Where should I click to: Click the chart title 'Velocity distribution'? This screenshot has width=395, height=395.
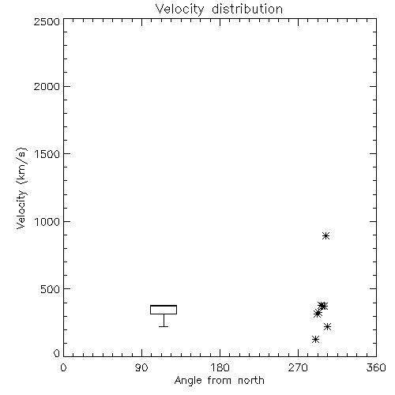(219, 9)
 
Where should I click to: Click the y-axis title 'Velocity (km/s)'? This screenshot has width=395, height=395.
(21, 188)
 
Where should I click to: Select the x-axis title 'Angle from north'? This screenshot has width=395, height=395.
(219, 380)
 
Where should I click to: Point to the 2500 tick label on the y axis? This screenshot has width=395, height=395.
(47, 21)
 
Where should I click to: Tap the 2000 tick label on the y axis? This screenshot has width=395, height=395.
(47, 86)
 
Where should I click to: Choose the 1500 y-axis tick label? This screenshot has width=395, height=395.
(47, 154)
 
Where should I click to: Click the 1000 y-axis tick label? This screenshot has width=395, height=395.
(47, 222)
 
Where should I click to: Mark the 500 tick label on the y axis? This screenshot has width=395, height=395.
(51, 289)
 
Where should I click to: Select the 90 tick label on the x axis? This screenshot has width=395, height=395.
(141, 367)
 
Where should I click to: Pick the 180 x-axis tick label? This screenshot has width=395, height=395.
(220, 367)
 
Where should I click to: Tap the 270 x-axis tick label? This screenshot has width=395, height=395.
(298, 367)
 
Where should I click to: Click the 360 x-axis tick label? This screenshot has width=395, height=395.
(376, 367)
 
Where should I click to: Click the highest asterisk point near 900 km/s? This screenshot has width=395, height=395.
(326, 235)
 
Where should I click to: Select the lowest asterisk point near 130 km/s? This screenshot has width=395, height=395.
(315, 339)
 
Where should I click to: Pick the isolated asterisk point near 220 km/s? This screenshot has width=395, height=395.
(327, 327)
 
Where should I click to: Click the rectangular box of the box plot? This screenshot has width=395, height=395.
(164, 306)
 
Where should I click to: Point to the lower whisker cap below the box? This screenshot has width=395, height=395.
(164, 326)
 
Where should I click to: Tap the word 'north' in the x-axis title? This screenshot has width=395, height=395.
(251, 380)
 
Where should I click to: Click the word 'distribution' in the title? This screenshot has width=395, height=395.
(247, 9)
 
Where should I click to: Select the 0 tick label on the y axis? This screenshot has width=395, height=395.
(57, 353)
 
